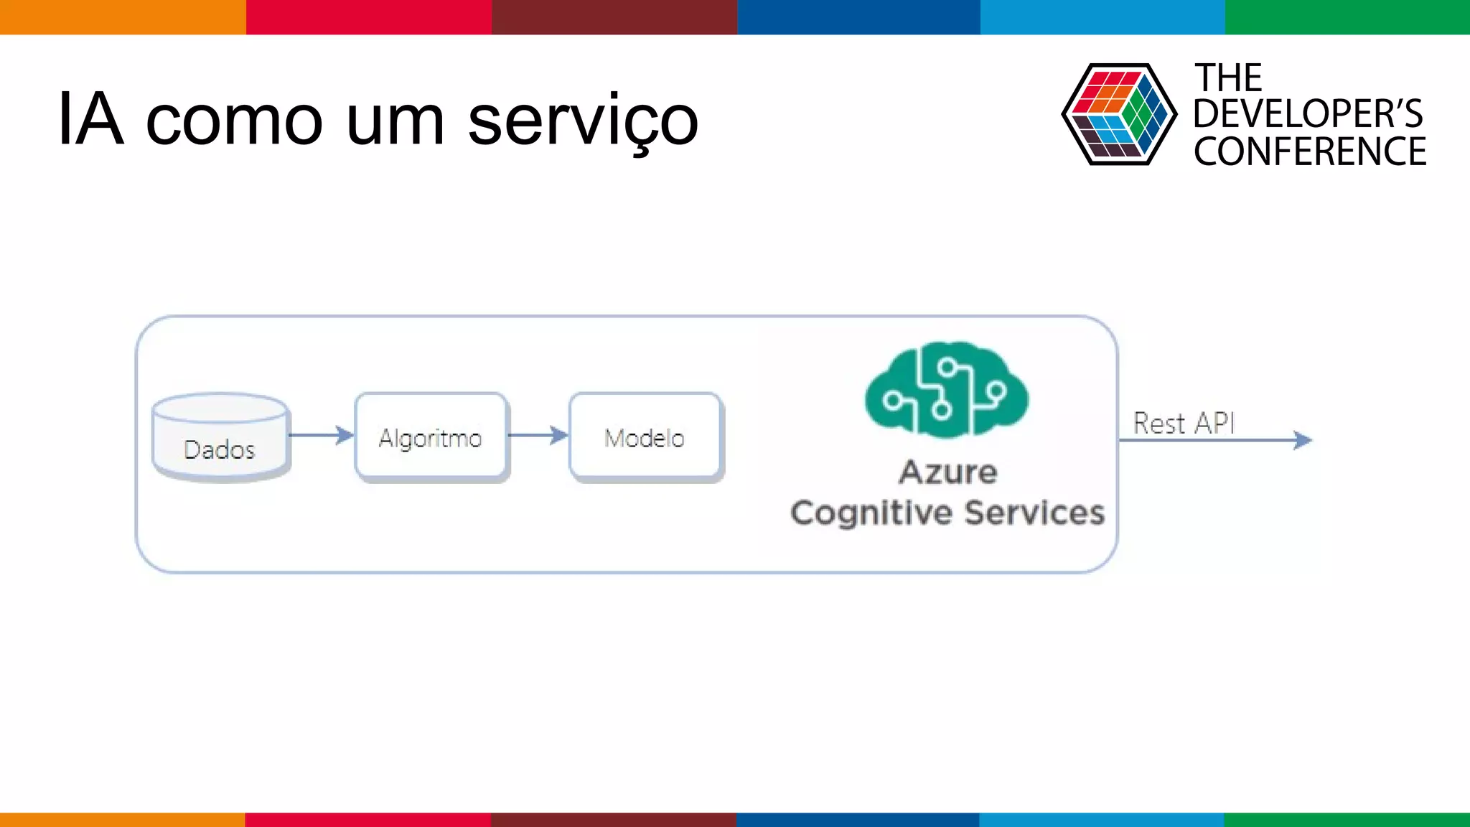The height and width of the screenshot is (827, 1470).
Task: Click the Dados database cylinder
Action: (x=221, y=438)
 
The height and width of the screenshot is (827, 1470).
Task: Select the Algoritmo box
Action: (x=431, y=436)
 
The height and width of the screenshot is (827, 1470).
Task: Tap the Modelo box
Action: (x=645, y=436)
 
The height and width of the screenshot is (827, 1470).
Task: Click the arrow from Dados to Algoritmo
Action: (x=321, y=435)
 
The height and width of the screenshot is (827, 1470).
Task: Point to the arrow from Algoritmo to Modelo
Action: (x=538, y=435)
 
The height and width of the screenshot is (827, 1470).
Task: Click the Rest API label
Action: (x=1184, y=423)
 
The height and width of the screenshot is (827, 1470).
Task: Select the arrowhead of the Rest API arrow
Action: (x=1302, y=440)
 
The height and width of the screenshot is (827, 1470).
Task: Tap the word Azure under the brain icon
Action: (x=948, y=472)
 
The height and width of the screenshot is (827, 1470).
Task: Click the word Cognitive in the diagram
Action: (x=871, y=513)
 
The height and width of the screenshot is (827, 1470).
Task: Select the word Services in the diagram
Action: (x=1034, y=513)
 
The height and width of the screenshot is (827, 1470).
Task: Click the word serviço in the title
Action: (x=583, y=121)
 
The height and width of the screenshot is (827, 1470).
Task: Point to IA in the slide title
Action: (x=90, y=119)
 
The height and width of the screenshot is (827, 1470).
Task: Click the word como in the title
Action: (x=234, y=121)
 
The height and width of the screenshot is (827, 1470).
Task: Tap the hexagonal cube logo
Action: (x=1119, y=114)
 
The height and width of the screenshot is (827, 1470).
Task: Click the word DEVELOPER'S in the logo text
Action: (x=1308, y=114)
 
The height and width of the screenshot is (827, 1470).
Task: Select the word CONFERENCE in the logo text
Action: (x=1310, y=152)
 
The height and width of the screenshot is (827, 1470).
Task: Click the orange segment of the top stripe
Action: (x=122, y=17)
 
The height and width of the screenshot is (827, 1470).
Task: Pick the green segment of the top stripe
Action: (x=1347, y=17)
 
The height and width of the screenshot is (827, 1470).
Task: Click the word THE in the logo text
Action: (x=1228, y=78)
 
